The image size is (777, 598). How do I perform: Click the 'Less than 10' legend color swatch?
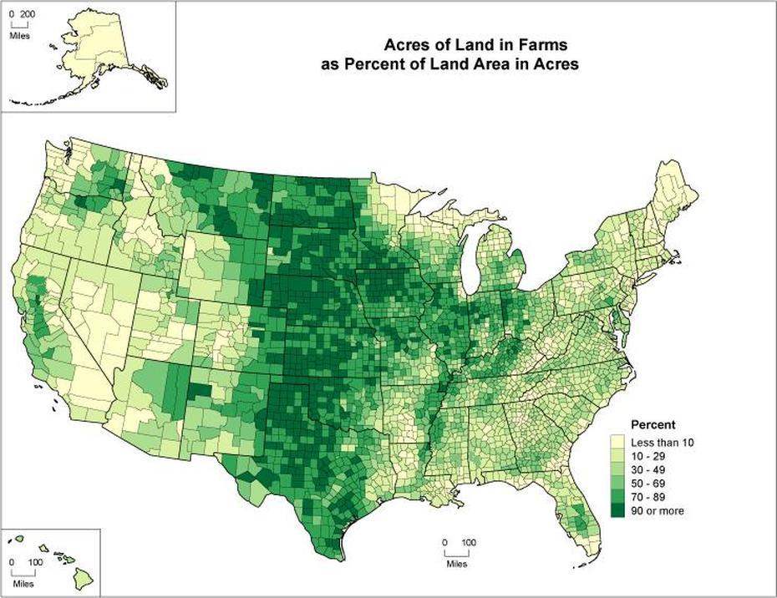619,443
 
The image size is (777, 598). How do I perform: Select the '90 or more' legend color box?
619,510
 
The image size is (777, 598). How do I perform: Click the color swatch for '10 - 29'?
619,457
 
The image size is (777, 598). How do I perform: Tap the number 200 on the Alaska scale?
27,15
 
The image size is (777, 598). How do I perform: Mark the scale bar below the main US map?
455,553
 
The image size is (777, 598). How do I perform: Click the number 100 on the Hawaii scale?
35,563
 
